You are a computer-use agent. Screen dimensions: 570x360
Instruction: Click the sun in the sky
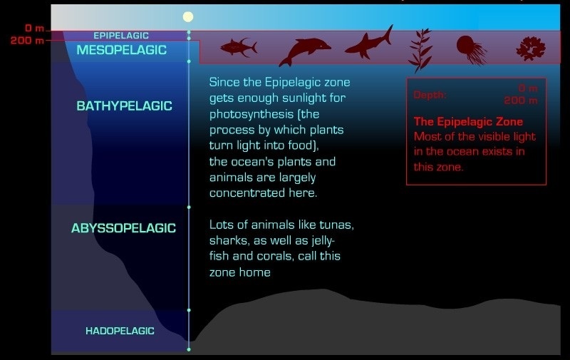pyautogui.click(x=188, y=16)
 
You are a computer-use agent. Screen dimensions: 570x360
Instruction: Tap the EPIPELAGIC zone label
pyautogui.click(x=121, y=36)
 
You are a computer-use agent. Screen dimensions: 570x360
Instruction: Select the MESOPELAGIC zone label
pyautogui.click(x=121, y=50)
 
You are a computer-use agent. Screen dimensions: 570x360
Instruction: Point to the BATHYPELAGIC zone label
pyautogui.click(x=124, y=106)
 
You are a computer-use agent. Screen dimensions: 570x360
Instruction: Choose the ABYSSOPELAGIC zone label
pyautogui.click(x=123, y=228)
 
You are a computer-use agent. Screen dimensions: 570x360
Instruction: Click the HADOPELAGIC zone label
pyautogui.click(x=120, y=331)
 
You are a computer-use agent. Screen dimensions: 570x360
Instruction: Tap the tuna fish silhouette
pyautogui.click(x=239, y=47)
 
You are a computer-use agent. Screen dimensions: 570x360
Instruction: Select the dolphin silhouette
pyautogui.click(x=305, y=51)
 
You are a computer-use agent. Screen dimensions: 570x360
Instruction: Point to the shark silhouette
pyautogui.click(x=369, y=43)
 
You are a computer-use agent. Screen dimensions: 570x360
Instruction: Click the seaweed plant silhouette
pyautogui.click(x=420, y=50)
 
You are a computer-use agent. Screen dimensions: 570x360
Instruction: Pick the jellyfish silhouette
pyautogui.click(x=471, y=50)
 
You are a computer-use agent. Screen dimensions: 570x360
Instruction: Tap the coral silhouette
pyautogui.click(x=531, y=48)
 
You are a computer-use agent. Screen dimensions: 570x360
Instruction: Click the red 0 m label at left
pyautogui.click(x=34, y=28)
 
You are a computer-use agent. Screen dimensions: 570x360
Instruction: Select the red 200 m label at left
pyautogui.click(x=27, y=41)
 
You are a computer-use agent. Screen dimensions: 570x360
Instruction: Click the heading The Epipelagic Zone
pyautogui.click(x=468, y=121)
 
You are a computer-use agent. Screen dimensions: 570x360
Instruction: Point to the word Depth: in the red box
pyautogui.click(x=430, y=96)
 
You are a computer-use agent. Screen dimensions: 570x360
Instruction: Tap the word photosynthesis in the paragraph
pyautogui.click(x=252, y=114)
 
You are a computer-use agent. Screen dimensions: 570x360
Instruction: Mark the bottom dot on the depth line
pyautogui.click(x=189, y=349)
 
